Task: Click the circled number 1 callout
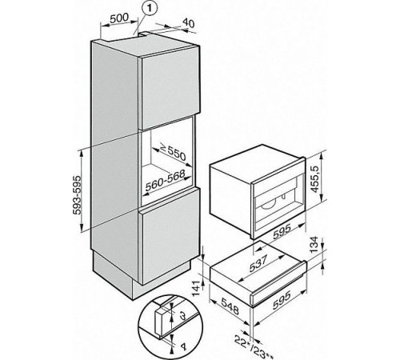point(146,9)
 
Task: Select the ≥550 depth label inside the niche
point(174,152)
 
